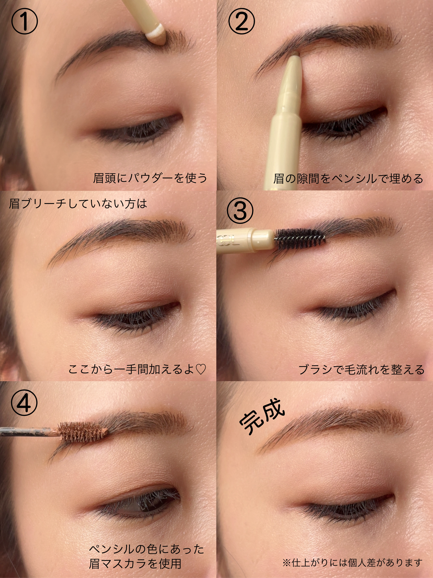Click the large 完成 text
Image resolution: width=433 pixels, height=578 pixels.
pos(262,417)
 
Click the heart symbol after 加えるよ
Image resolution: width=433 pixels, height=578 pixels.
pos(201,369)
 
